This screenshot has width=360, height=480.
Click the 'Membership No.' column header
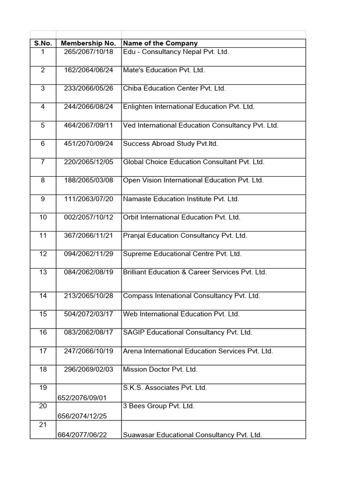click(88, 43)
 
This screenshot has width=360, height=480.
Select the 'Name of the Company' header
click(160, 43)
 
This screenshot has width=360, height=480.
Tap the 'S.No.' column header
click(43, 43)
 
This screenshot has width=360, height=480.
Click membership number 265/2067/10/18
click(89, 52)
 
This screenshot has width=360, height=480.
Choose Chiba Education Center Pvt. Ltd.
click(174, 88)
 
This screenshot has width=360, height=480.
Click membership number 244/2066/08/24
click(89, 106)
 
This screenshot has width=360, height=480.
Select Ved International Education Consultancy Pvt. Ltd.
click(201, 125)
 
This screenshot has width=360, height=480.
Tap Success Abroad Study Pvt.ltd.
click(170, 143)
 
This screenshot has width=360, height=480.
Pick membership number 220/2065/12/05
click(89, 162)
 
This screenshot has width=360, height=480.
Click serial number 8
click(43, 180)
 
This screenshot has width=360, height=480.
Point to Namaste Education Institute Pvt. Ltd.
click(181, 199)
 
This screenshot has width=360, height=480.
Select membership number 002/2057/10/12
click(89, 217)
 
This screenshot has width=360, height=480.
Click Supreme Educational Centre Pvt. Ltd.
click(182, 254)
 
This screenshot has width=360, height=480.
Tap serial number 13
click(43, 272)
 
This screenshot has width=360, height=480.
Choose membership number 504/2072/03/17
click(89, 314)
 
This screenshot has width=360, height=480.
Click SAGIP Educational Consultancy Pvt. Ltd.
click(187, 332)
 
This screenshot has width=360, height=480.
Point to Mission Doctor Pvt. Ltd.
click(160, 369)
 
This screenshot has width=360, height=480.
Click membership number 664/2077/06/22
click(82, 435)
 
